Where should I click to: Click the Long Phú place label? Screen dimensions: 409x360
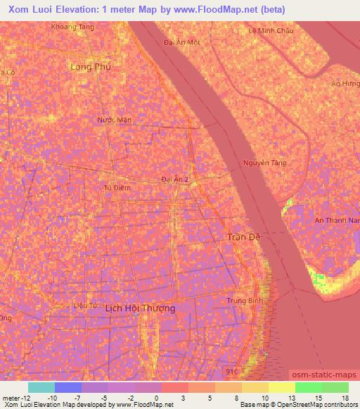[x=91, y=67]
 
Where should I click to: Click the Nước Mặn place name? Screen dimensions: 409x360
[x=115, y=120]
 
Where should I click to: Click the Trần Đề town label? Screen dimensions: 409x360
[x=244, y=237]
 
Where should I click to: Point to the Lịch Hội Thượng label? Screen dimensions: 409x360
[x=140, y=308]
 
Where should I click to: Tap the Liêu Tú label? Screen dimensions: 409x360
[x=84, y=305]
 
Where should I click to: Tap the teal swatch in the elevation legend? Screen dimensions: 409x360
[x=41, y=387]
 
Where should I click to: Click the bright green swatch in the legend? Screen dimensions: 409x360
[x=309, y=387]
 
